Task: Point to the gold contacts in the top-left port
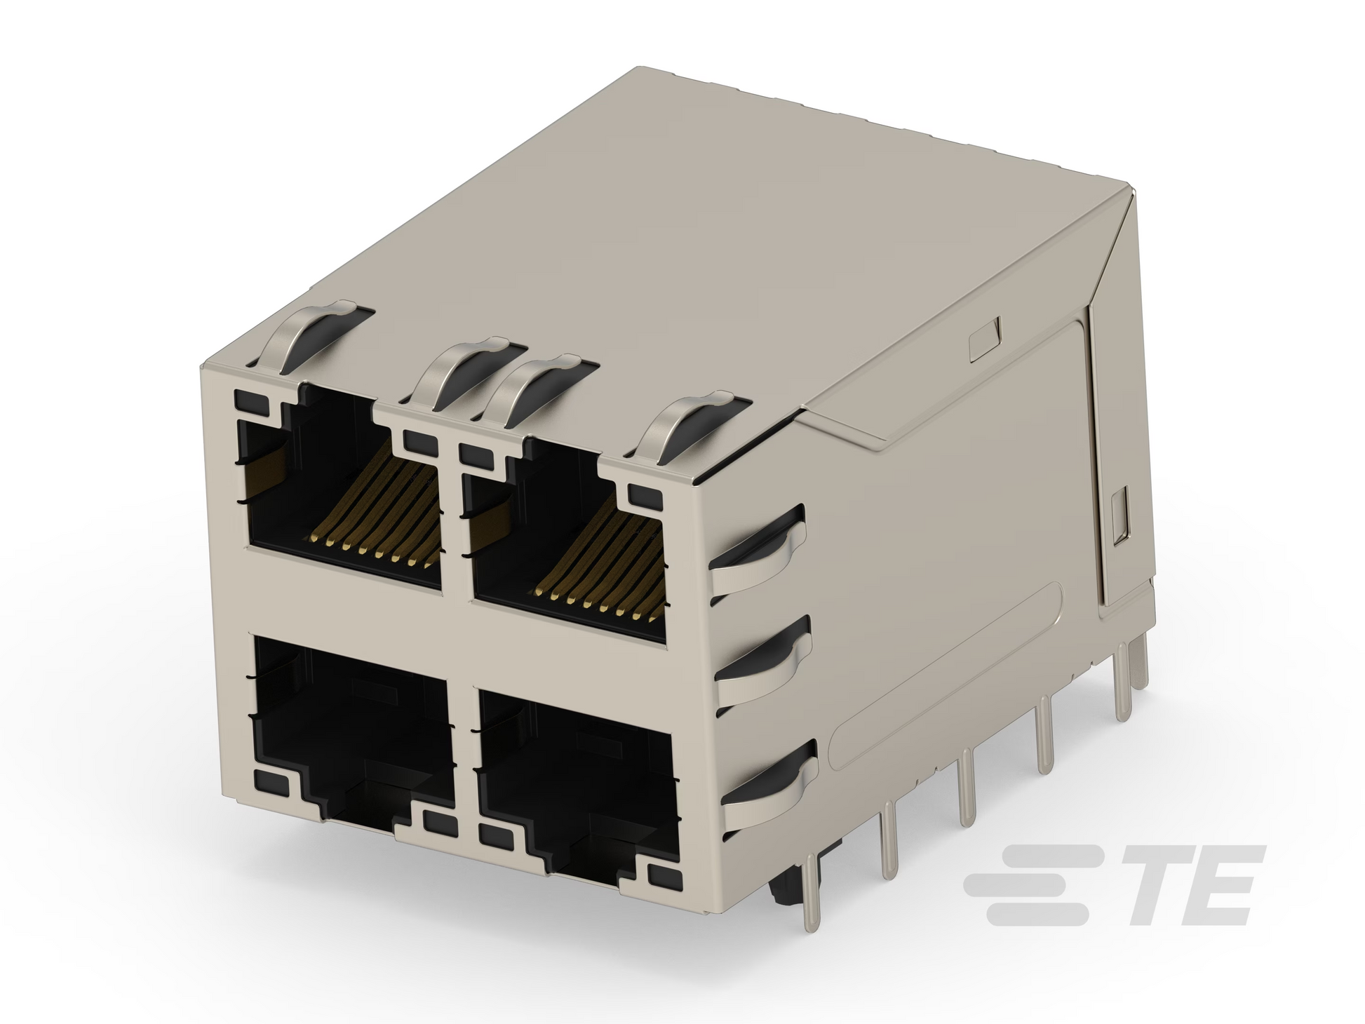379,519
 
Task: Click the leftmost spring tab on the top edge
316,337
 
